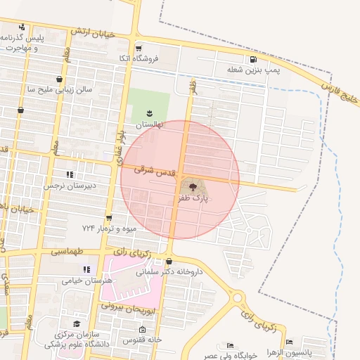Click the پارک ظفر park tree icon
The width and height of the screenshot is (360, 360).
point(193,186)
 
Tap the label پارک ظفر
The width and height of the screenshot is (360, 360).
point(193,200)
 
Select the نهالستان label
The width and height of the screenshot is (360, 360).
point(148,124)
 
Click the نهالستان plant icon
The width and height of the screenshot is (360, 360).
point(149,112)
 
